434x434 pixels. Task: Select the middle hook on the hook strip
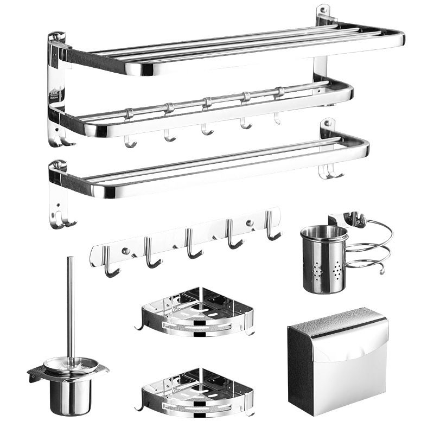pos(192,247)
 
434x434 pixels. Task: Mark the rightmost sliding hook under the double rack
pos(277,117)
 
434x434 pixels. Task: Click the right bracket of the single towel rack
pos(328,130)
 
